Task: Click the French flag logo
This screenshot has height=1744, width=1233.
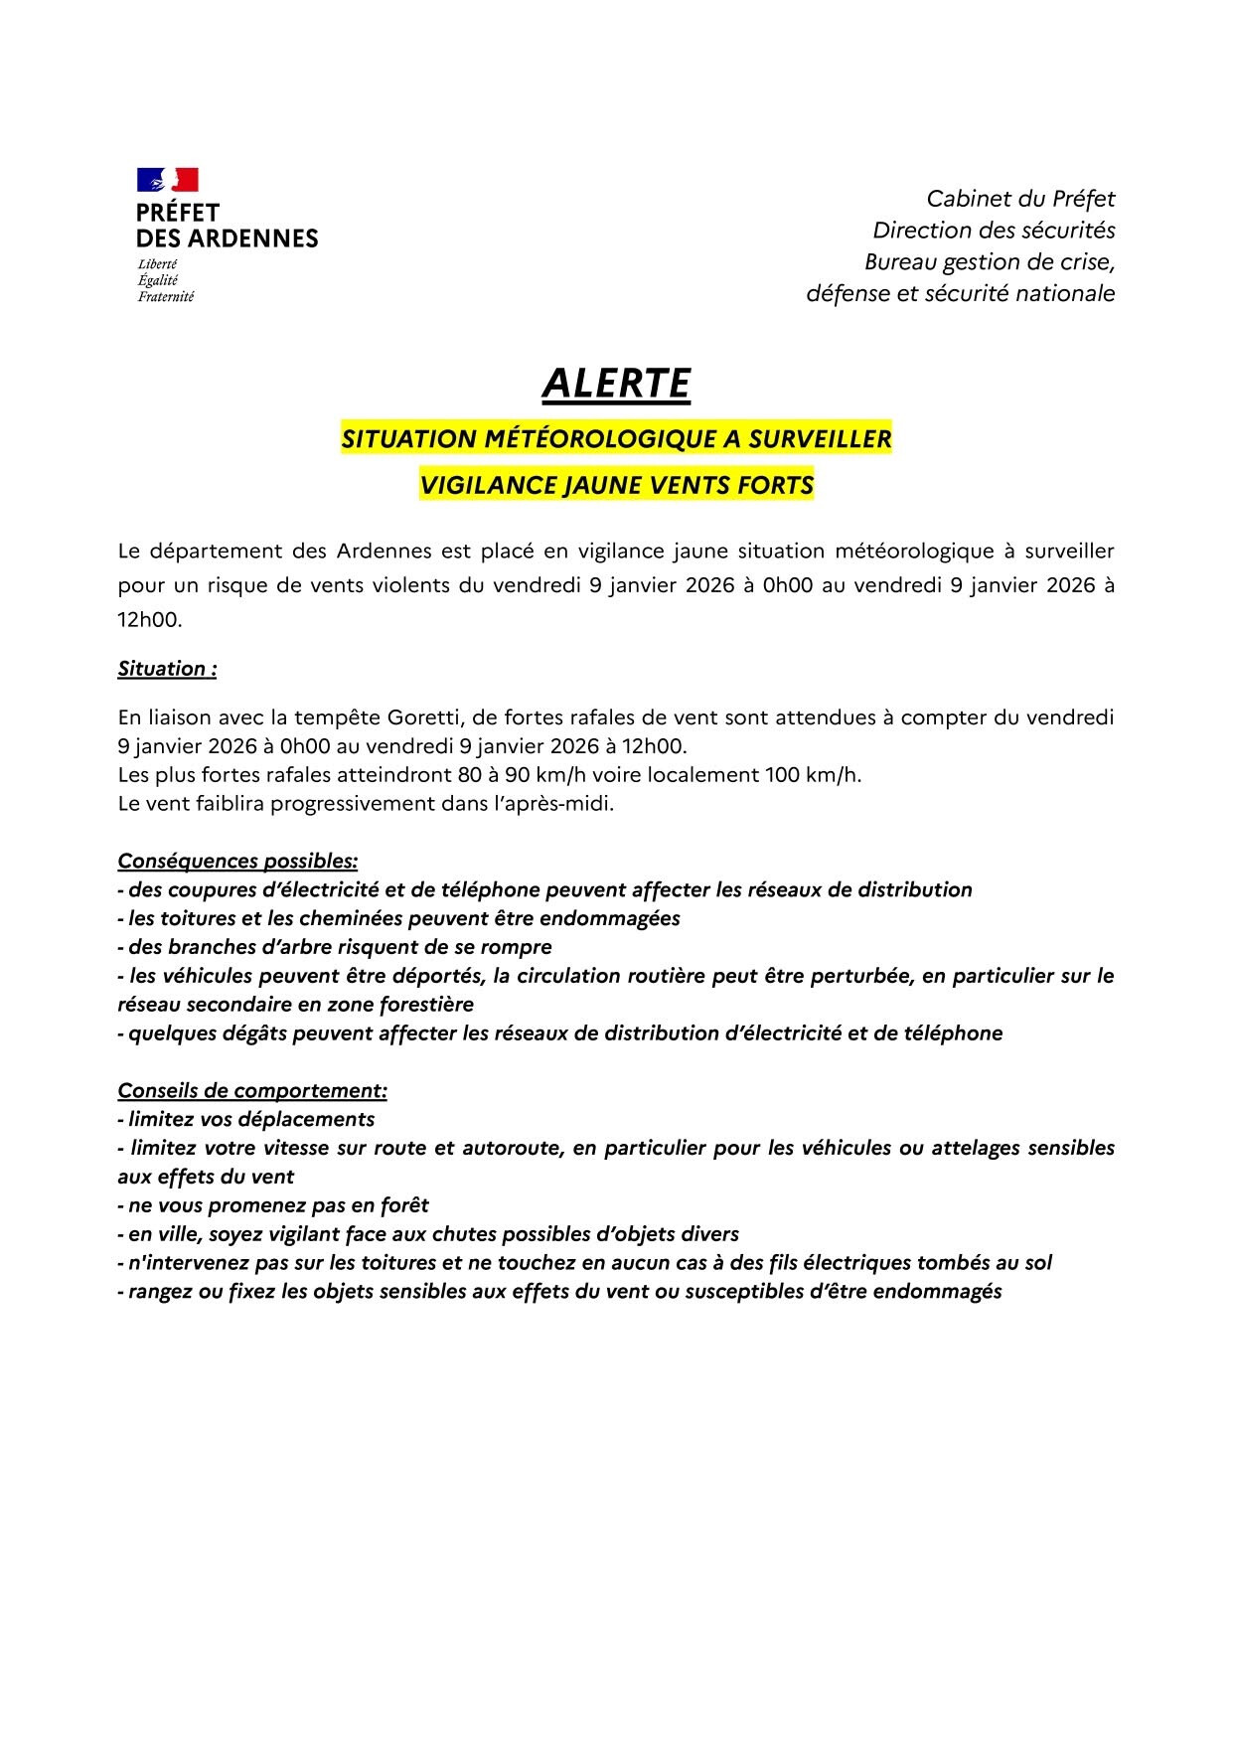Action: point(168,180)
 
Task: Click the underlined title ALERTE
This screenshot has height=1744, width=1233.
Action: point(616,384)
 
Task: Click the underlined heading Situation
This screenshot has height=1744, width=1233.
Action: point(167,669)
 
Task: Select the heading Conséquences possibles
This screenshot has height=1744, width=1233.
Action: point(237,861)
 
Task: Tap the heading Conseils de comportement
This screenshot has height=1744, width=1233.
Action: point(252,1091)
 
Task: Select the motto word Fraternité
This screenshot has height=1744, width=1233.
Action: point(166,296)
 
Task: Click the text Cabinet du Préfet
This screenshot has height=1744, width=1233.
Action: point(1020,199)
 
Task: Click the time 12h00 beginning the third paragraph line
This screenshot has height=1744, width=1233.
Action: point(149,619)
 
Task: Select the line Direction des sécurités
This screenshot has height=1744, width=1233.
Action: point(994,231)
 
